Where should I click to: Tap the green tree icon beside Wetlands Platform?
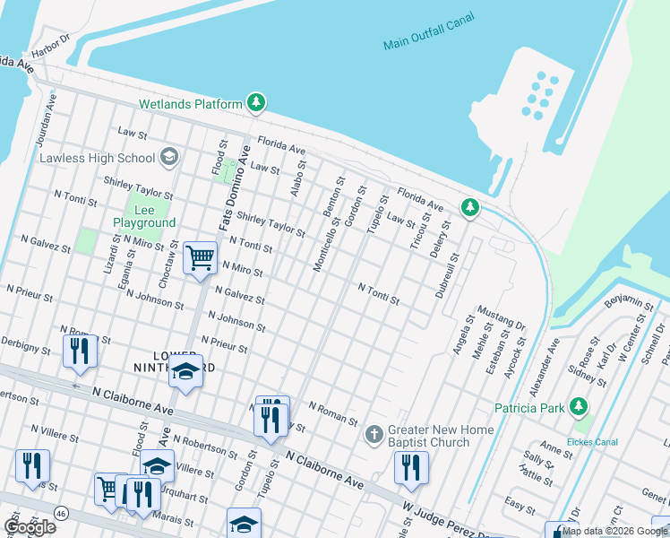pos(256,104)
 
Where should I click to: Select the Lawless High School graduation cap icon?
pos(167,159)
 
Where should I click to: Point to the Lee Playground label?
pos(143,216)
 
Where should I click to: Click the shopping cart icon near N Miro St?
pos(200,259)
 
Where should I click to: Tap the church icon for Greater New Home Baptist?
pos(374,435)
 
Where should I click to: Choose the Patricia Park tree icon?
pos(579,408)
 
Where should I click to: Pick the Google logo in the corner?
pos(30,527)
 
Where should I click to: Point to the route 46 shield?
pos(60,512)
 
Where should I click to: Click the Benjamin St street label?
pos(629,302)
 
